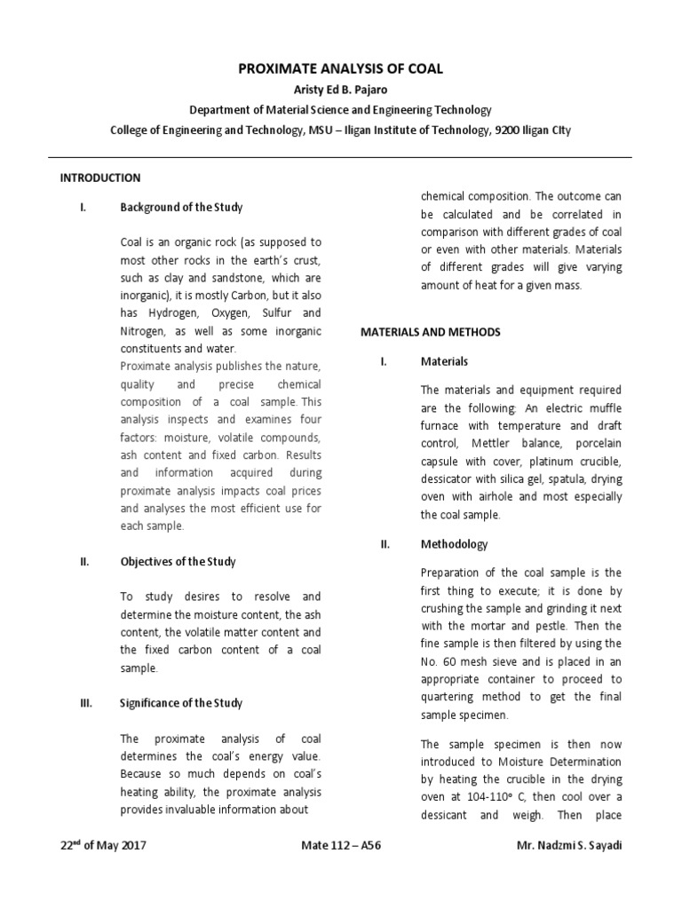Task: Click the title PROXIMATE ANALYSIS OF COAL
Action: (x=340, y=68)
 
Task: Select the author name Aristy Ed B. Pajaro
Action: (x=340, y=90)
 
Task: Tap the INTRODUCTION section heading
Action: (x=100, y=178)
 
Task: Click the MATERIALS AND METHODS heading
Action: (x=430, y=332)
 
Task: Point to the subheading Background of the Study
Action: (x=181, y=207)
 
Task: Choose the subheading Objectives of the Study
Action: (x=178, y=562)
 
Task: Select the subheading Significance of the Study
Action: (x=181, y=703)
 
